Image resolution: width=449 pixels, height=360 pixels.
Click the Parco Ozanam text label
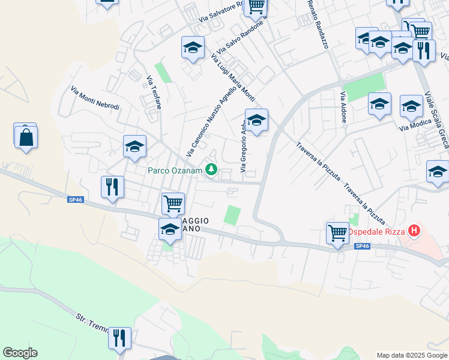[x=175, y=171]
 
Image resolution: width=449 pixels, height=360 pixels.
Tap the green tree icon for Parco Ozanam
[x=211, y=171]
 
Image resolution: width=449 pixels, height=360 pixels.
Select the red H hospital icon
[x=414, y=230]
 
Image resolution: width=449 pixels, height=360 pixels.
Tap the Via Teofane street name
[x=154, y=92]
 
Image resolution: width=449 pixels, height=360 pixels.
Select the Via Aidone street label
[x=343, y=107]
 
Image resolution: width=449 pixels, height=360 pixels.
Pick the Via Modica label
[x=412, y=125]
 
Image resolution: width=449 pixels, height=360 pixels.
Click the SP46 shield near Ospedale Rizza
[x=362, y=247]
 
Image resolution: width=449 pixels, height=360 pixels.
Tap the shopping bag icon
[x=26, y=137]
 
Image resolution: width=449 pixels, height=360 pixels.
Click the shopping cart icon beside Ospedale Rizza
[x=337, y=232]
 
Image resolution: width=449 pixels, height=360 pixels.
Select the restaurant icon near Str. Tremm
[x=119, y=337]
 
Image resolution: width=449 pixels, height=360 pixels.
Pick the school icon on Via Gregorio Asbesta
[x=256, y=121]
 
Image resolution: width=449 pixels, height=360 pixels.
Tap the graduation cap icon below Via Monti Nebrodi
[x=134, y=146]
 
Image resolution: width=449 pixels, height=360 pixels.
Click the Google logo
[x=20, y=353]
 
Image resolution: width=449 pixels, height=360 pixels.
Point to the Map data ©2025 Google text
[x=411, y=355]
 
